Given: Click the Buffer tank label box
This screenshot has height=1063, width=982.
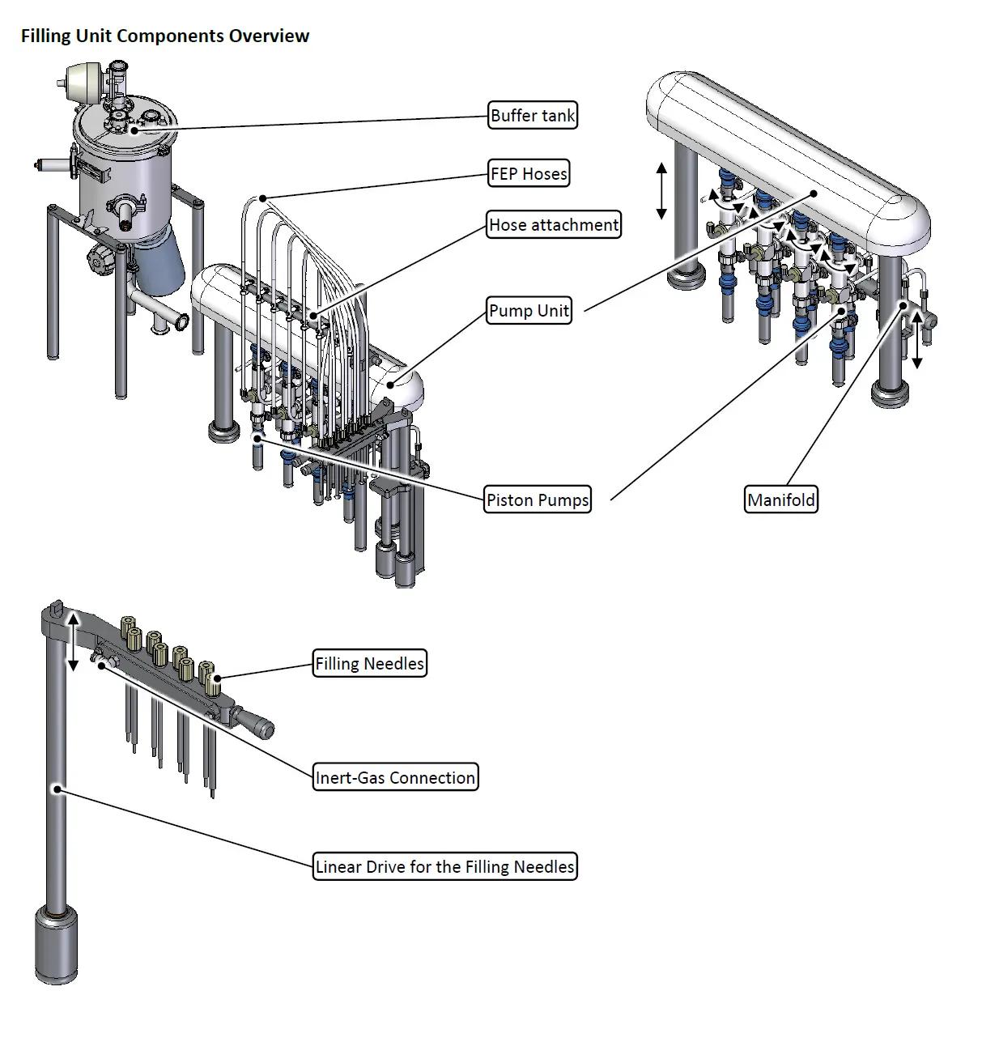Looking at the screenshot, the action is pos(532,115).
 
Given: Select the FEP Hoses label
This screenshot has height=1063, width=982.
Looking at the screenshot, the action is pos(529,173).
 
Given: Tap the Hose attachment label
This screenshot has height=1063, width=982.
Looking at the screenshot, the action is pos(554,224).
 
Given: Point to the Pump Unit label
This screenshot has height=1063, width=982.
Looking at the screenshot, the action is pos(529,310).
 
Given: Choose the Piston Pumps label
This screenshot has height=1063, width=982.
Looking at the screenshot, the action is pos(538,500).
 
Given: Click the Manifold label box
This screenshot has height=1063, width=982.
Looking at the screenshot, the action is pos(781,500).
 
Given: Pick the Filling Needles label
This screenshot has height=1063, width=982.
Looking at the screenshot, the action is pos(369,663).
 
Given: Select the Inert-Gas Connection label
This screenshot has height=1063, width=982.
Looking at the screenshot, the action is pos(395,777).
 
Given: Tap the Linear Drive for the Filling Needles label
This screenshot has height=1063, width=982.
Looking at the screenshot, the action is pos(445,866).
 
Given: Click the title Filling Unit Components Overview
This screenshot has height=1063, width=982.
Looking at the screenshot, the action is pos(165,36).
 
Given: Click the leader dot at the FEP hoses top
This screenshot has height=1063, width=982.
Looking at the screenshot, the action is pos(262,198).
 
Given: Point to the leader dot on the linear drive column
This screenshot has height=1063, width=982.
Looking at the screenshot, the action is pos(57,789).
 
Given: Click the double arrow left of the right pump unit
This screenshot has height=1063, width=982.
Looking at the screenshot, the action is pos(661,191).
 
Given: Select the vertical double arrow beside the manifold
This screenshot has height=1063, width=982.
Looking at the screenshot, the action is pos(917,340).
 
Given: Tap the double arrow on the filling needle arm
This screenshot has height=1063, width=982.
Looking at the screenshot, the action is pos(74,642).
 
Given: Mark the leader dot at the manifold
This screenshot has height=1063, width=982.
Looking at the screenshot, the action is pos(903,306).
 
